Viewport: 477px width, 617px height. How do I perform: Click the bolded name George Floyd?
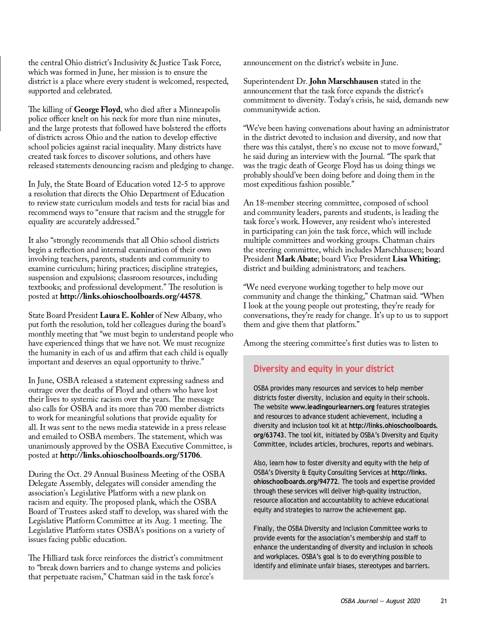tap(97, 110)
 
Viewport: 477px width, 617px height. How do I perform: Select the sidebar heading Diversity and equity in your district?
tap(324, 369)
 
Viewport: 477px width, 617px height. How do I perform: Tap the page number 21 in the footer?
tap(444, 601)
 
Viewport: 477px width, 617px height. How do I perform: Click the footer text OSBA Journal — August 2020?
tap(380, 601)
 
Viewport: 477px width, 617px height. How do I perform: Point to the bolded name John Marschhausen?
tap(343, 81)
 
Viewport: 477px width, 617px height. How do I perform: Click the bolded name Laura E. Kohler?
tap(127, 315)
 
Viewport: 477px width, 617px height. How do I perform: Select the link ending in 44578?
tap(130, 296)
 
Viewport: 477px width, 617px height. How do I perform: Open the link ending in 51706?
tap(130, 455)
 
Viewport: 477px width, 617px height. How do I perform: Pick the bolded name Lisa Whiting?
tap(415, 259)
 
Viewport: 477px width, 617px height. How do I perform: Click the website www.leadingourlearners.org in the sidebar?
tap(332, 407)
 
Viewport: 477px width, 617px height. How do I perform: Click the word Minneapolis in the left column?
tap(199, 110)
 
